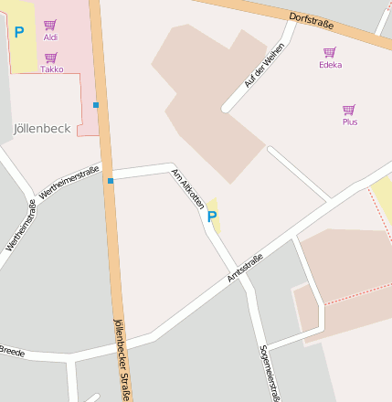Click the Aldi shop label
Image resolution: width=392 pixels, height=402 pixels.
point(50,37)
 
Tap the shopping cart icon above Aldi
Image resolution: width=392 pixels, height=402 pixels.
point(50,25)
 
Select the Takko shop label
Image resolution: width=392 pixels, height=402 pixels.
point(52,69)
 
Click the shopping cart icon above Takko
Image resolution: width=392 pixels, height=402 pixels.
point(51,58)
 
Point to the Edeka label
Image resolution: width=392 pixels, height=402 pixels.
point(330,65)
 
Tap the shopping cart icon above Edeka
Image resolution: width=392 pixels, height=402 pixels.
point(330,52)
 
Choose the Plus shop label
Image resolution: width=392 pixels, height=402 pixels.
point(350,122)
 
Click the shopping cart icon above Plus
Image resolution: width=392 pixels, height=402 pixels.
point(349,110)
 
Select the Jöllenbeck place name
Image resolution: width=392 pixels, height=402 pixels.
point(43,129)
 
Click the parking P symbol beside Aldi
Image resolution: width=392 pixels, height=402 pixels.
point(19,32)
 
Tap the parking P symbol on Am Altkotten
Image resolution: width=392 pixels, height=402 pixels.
point(212,217)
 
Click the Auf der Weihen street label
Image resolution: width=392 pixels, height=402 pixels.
point(259,66)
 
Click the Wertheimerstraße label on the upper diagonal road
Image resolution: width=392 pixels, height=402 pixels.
point(70,182)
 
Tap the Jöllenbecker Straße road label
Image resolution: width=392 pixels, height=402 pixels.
point(121,360)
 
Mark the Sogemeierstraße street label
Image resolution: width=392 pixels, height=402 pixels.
point(269,372)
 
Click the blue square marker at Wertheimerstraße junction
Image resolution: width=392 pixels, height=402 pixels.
point(111,181)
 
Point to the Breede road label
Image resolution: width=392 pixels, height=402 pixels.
point(12,352)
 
